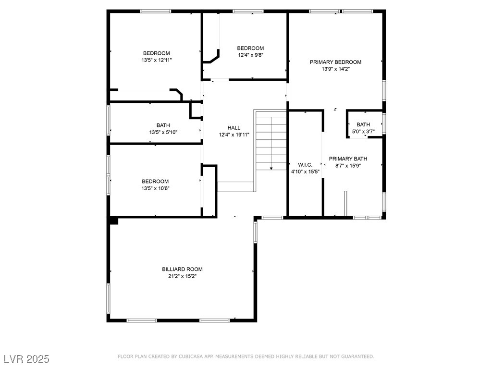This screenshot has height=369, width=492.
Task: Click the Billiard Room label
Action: tap(182, 269)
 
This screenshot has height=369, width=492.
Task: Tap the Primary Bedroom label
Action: tap(335, 62)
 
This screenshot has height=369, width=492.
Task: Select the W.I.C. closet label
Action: tap(305, 165)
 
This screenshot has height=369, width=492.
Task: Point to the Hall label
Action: tap(234, 128)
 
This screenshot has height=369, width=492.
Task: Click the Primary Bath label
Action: tap(348, 159)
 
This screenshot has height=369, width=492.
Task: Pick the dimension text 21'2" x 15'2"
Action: tap(182, 276)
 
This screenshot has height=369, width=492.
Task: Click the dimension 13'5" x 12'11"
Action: tap(157, 60)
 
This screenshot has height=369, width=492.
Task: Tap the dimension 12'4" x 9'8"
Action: tap(250, 55)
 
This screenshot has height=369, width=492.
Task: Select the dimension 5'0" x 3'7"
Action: tap(363, 132)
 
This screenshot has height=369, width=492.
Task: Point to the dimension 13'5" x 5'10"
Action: tap(163, 132)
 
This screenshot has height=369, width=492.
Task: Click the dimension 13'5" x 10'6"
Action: tap(155, 188)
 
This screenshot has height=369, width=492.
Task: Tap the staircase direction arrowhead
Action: tap(271, 169)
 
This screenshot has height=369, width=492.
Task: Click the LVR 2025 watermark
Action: tap(27, 359)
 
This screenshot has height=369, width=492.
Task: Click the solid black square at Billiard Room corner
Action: tap(113, 221)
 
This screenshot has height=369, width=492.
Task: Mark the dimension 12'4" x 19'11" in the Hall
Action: tap(234, 135)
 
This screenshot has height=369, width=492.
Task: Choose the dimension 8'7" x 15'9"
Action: tap(348, 166)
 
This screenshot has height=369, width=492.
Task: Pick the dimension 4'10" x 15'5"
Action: tap(305, 172)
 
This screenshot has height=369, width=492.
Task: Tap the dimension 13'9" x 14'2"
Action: tap(335, 69)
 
